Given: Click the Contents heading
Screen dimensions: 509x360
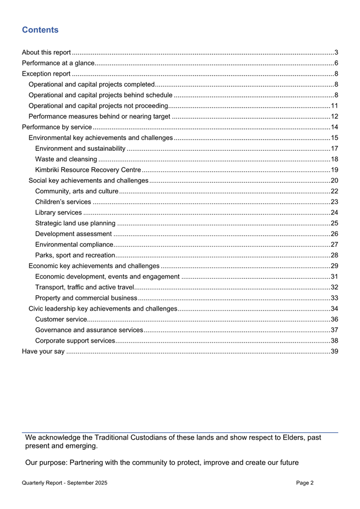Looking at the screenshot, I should pyautogui.click(x=41, y=30).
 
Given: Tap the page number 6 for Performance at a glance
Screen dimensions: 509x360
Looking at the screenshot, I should pyautogui.click(x=336, y=63).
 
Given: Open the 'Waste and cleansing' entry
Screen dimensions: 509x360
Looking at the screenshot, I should pyautogui.click(x=66, y=159).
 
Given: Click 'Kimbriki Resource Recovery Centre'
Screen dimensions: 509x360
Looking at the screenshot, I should pyautogui.click(x=88, y=169).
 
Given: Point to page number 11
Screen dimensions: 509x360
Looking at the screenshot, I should pyautogui.click(x=334, y=106).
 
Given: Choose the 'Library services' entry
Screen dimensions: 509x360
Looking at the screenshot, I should pyautogui.click(x=58, y=212).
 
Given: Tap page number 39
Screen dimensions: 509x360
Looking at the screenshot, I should pyautogui.click(x=334, y=351).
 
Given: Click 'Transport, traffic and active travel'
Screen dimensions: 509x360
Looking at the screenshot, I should pyautogui.click(x=85, y=287).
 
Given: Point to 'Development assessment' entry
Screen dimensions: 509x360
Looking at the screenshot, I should pyautogui.click(x=73, y=233).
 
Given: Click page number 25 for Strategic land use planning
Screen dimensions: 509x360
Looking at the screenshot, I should pyautogui.click(x=334, y=223).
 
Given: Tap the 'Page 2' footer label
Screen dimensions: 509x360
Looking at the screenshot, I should pyautogui.click(x=305, y=482).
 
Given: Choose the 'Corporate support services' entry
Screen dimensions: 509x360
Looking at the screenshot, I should pyautogui.click(x=74, y=340).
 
